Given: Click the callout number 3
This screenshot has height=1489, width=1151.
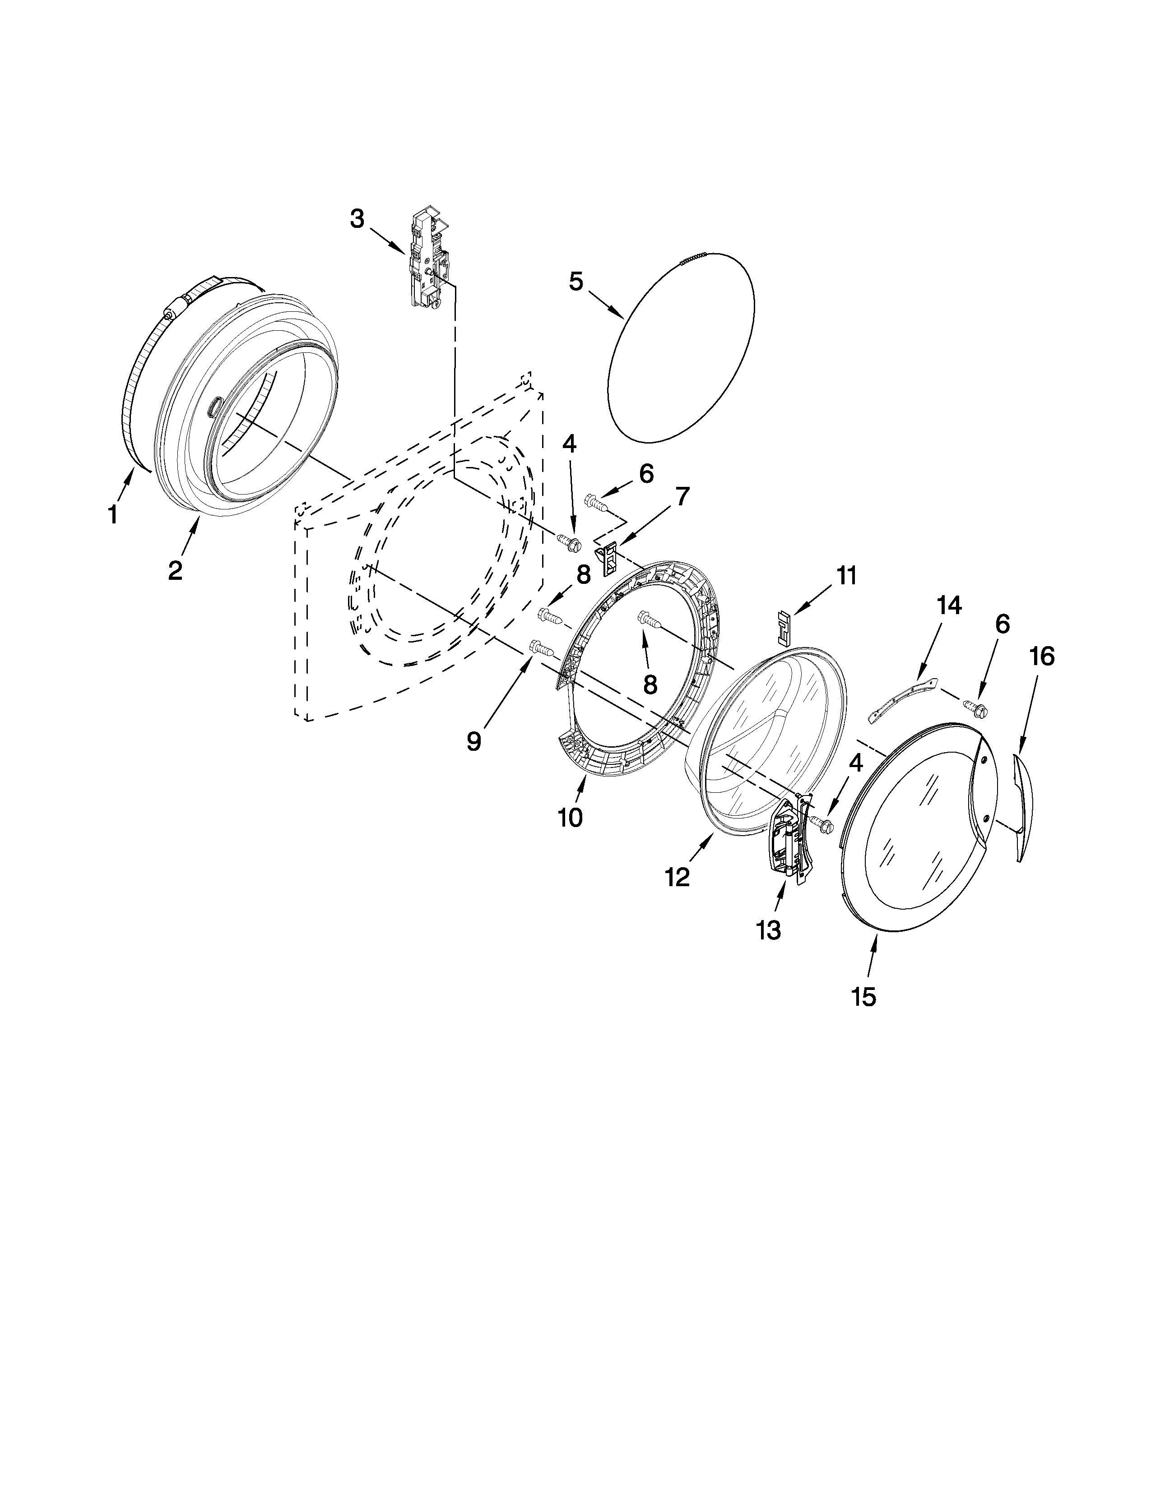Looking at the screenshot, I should (357, 219).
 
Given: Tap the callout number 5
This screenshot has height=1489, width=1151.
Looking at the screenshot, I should (576, 282).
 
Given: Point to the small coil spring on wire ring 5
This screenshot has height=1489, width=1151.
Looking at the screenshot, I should (696, 257).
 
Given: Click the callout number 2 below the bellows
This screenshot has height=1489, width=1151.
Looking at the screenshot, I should (175, 570).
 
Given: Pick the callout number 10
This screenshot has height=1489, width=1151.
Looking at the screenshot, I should (570, 818).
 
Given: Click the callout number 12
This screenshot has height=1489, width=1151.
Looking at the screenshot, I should (678, 878).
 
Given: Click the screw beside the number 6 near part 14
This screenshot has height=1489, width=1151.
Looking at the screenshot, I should (976, 707).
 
